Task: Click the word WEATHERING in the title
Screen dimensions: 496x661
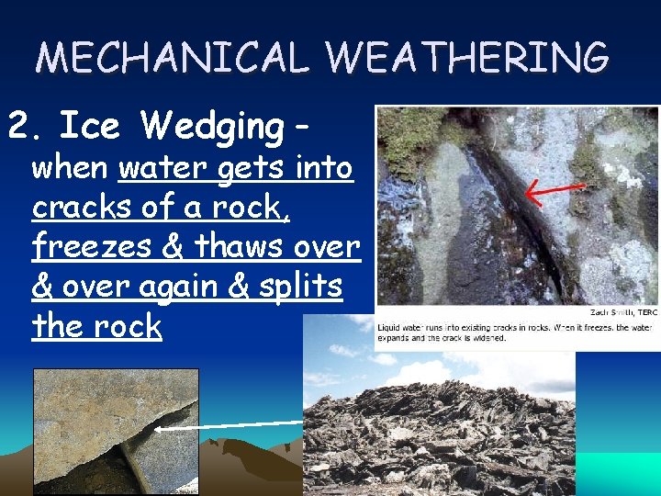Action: (x=467, y=59)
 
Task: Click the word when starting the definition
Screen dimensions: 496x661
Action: (x=69, y=168)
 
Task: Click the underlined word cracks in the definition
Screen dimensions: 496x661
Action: (x=84, y=208)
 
